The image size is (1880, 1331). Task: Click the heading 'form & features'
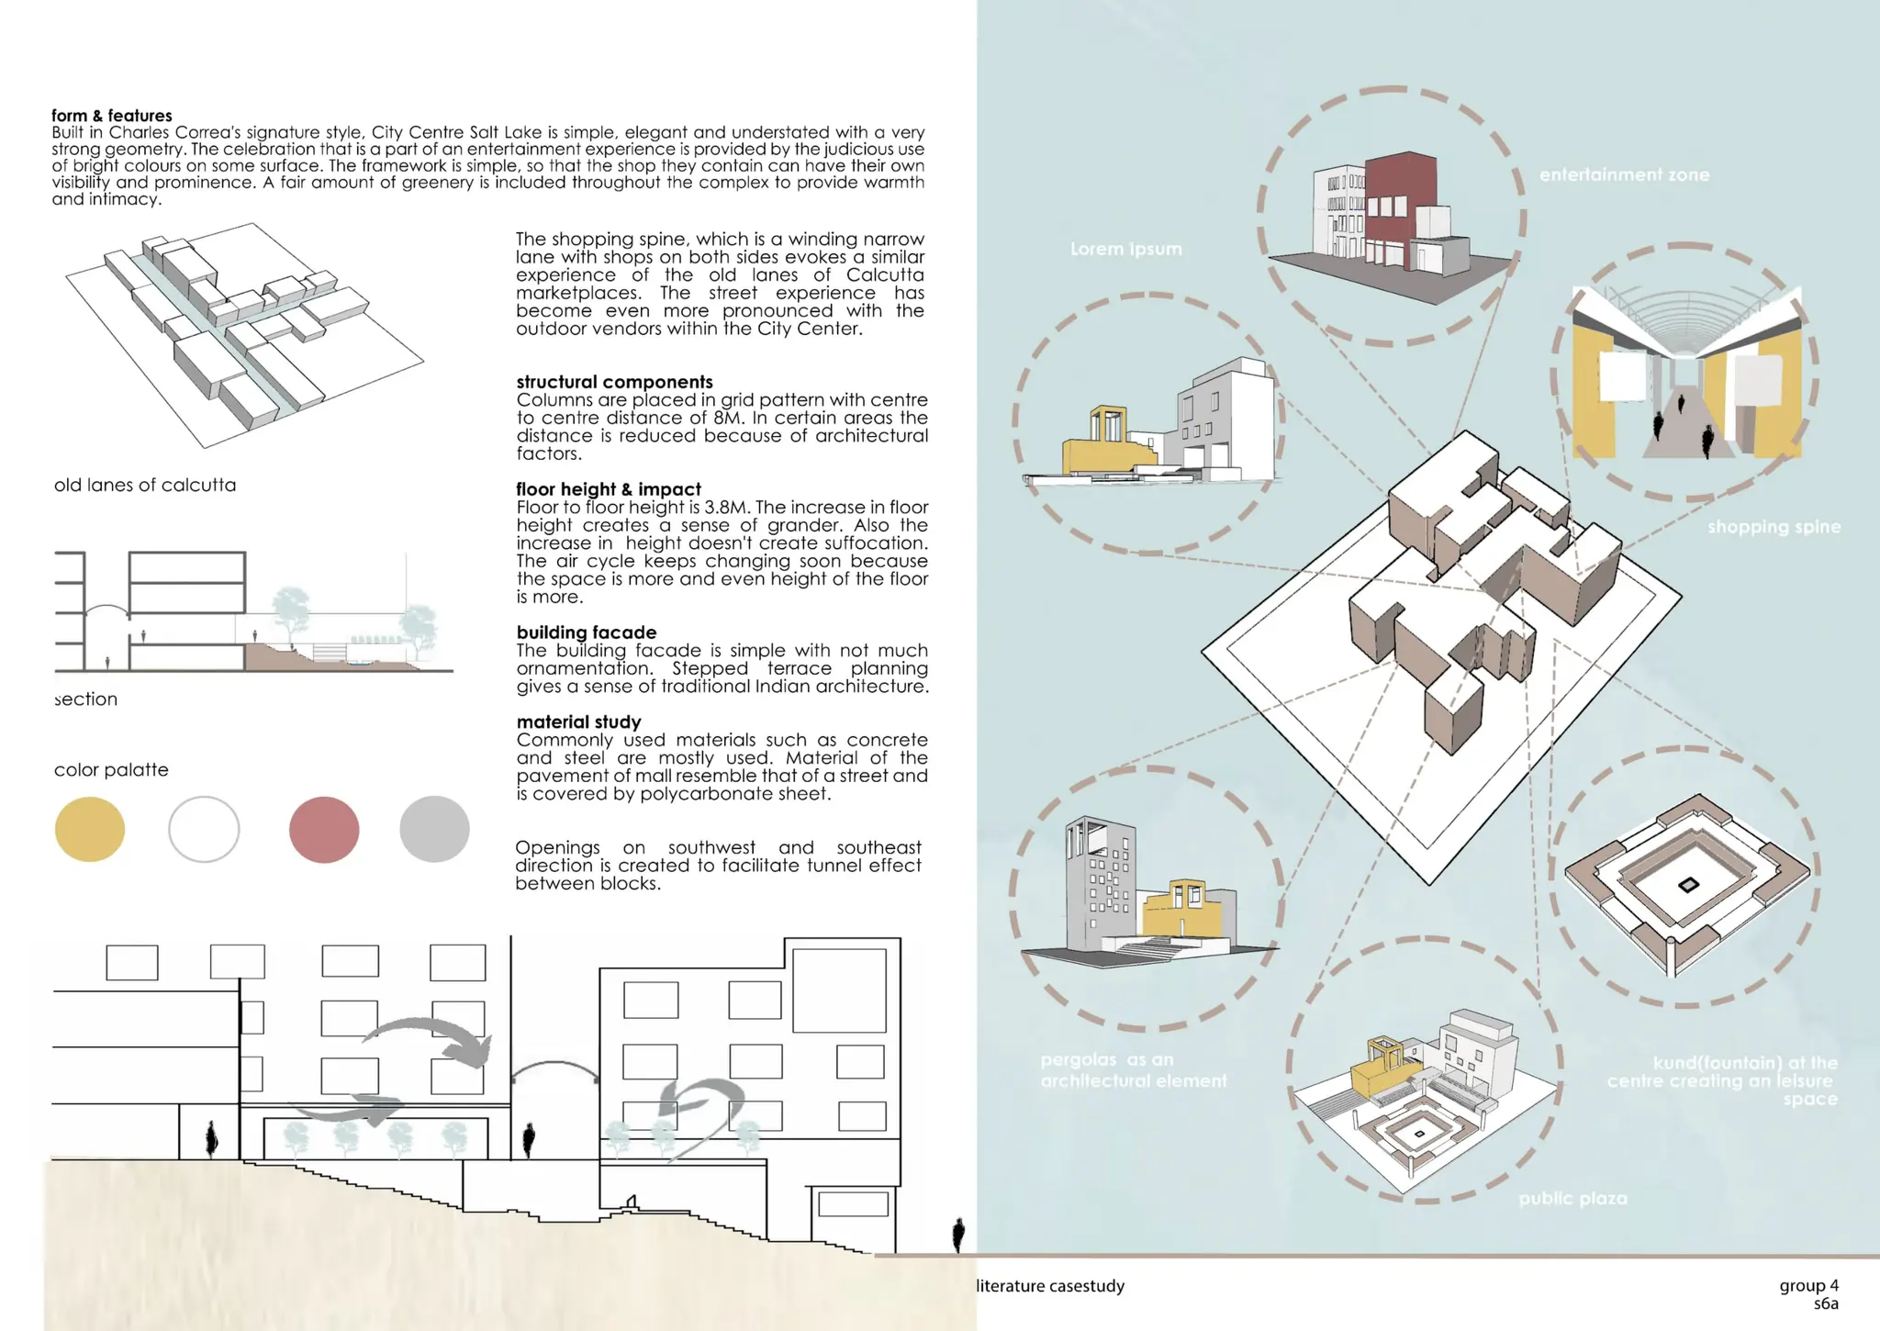coord(111,116)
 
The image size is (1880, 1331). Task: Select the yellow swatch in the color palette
coord(90,829)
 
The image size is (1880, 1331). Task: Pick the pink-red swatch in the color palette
coord(324,829)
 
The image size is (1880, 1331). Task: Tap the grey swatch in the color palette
coord(434,829)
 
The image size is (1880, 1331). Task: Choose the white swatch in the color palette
coord(204,829)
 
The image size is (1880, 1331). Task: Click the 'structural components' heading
coord(614,382)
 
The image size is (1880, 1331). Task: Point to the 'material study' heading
coord(578,721)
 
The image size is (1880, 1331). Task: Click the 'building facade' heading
coord(586,632)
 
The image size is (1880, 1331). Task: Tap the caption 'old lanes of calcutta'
coord(145,485)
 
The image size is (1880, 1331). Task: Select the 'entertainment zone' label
coord(1624,174)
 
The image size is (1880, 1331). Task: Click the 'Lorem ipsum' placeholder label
coord(1125,249)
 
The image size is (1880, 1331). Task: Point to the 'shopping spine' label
coord(1774,527)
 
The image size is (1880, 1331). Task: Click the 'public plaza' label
coord(1572,1198)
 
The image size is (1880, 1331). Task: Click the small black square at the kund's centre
coord(1688,885)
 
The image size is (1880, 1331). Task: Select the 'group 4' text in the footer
coord(1808,1285)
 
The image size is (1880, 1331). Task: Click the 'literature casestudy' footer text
coord(1050,1286)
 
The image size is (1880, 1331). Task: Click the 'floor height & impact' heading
coord(608,489)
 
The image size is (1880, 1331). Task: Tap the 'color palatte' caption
coord(111,769)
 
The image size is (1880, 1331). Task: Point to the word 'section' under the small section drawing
coord(86,699)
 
